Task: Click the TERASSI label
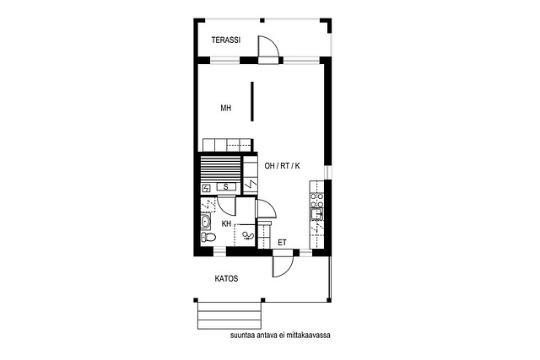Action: coord(226,40)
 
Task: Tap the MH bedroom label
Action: coord(226,108)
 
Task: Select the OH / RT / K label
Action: coord(282,166)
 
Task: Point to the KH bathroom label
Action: coord(226,223)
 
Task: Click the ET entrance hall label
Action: coord(282,243)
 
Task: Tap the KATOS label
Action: coord(226,278)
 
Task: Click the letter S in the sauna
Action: coord(226,187)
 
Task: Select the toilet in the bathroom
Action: coord(208,236)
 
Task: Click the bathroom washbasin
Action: coord(206,221)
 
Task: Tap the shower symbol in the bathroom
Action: coord(247,236)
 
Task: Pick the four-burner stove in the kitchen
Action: coord(317,201)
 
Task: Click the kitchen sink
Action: coord(316,214)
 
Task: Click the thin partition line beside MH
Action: coord(252,101)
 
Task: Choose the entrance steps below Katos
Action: coord(229,315)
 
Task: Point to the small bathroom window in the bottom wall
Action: coord(220,252)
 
